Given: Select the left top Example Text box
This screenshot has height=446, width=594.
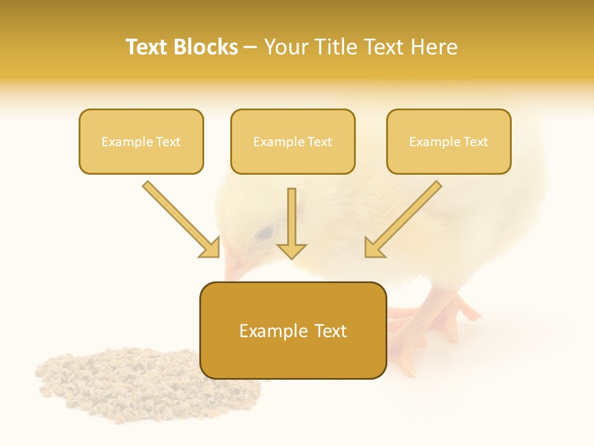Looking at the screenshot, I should point(141,141).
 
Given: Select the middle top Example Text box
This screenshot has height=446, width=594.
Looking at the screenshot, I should point(293,141).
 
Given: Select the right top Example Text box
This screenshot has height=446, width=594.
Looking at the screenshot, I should point(449,141).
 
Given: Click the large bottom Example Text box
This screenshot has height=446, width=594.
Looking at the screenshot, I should point(293,331).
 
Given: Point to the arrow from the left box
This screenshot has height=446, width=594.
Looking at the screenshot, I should point(179,218).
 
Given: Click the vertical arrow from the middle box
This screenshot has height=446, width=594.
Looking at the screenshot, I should point(291,223).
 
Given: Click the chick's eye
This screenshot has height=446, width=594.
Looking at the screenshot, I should point(265,232).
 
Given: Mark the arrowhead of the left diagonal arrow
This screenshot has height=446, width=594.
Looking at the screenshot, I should point(210,248).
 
